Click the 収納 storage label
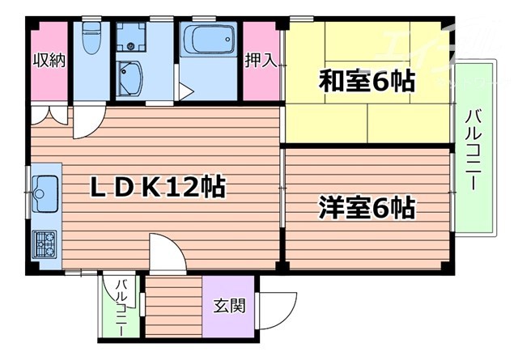pyautogui.click(x=49, y=61)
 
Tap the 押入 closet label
pyautogui.click(x=258, y=61)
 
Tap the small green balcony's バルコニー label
pyautogui.click(x=122, y=307)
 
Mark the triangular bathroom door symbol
pyautogui.click(x=186, y=91)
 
